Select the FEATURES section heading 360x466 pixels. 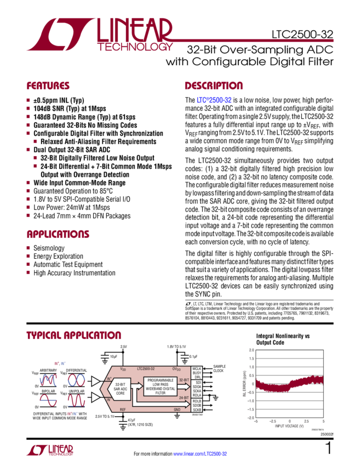click(x=48, y=86)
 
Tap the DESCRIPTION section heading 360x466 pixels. click(x=213, y=86)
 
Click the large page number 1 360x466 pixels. click(x=328, y=449)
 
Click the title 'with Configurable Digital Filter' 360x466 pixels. click(x=249, y=62)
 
